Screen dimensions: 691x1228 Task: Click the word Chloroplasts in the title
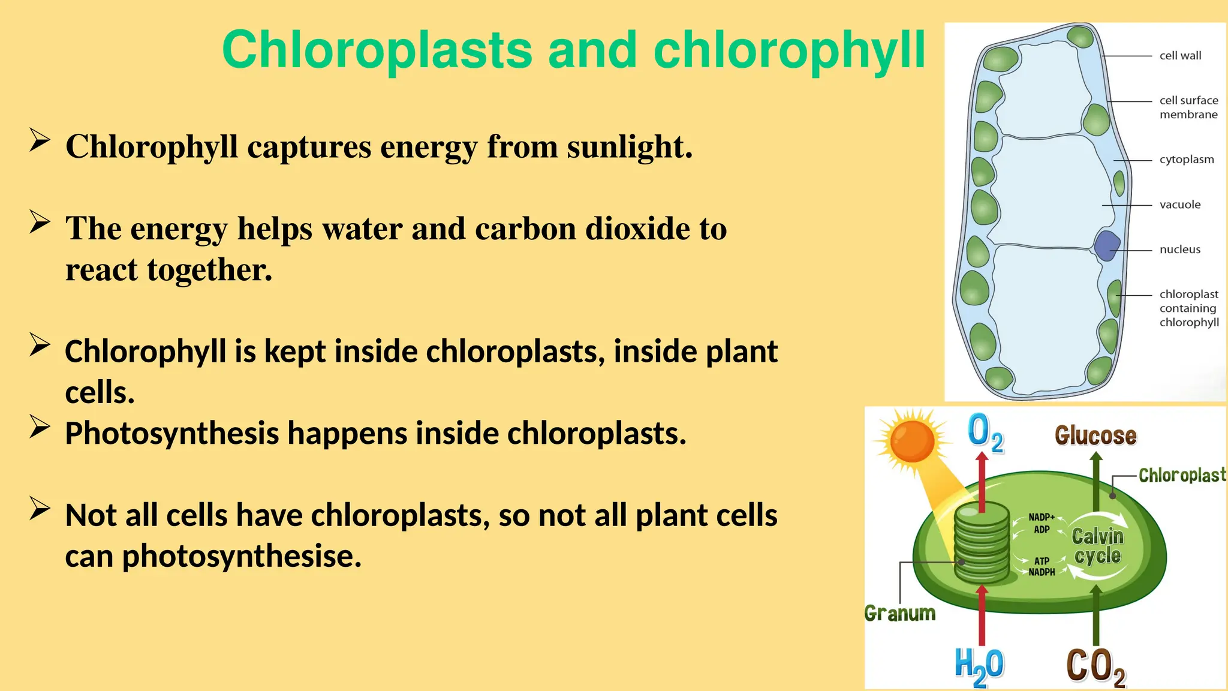(377, 50)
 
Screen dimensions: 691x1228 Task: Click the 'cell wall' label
(1180, 56)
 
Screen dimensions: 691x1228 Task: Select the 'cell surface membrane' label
(1188, 107)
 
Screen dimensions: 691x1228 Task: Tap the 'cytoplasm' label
(1186, 160)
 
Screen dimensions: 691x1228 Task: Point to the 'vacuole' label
(1179, 205)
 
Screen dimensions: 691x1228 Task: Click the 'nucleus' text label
(1179, 250)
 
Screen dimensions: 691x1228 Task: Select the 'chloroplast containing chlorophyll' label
(1188, 308)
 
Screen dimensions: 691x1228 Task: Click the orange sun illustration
(912, 441)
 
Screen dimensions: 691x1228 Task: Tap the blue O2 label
(984, 433)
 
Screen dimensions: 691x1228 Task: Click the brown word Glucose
(1095, 435)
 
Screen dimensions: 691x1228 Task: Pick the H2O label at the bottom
(978, 666)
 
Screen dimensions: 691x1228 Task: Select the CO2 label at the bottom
(1095, 666)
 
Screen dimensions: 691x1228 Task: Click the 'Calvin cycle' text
(1097, 545)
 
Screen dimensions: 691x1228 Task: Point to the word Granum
(899, 613)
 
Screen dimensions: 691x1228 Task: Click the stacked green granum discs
(982, 543)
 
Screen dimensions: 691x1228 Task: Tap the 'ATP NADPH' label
(1042, 567)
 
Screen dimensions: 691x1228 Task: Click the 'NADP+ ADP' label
(1042, 523)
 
